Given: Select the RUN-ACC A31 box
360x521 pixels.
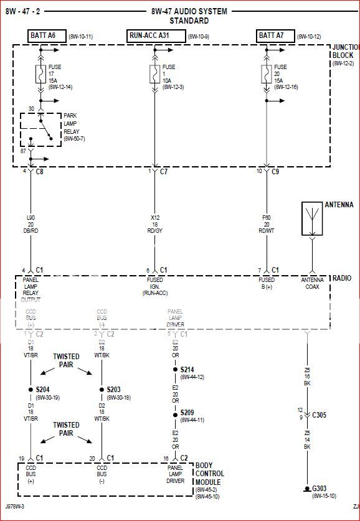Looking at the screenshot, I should pyautogui.click(x=156, y=36).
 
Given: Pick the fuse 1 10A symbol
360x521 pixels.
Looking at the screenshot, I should pyautogui.click(x=154, y=76).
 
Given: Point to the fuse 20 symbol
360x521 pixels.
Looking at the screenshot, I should pyautogui.click(x=267, y=76).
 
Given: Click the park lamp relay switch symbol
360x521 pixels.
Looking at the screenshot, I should pyautogui.click(x=42, y=129).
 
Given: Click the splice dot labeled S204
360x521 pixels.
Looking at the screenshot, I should pyautogui.click(x=31, y=390).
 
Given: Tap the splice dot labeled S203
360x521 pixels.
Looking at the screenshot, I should pyautogui.click(x=102, y=390).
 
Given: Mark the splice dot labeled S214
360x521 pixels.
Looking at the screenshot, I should pyautogui.click(x=175, y=369).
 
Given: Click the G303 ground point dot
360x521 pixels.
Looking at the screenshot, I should pyautogui.click(x=306, y=488).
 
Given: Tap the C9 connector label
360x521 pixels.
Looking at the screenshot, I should pyautogui.click(x=275, y=171).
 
